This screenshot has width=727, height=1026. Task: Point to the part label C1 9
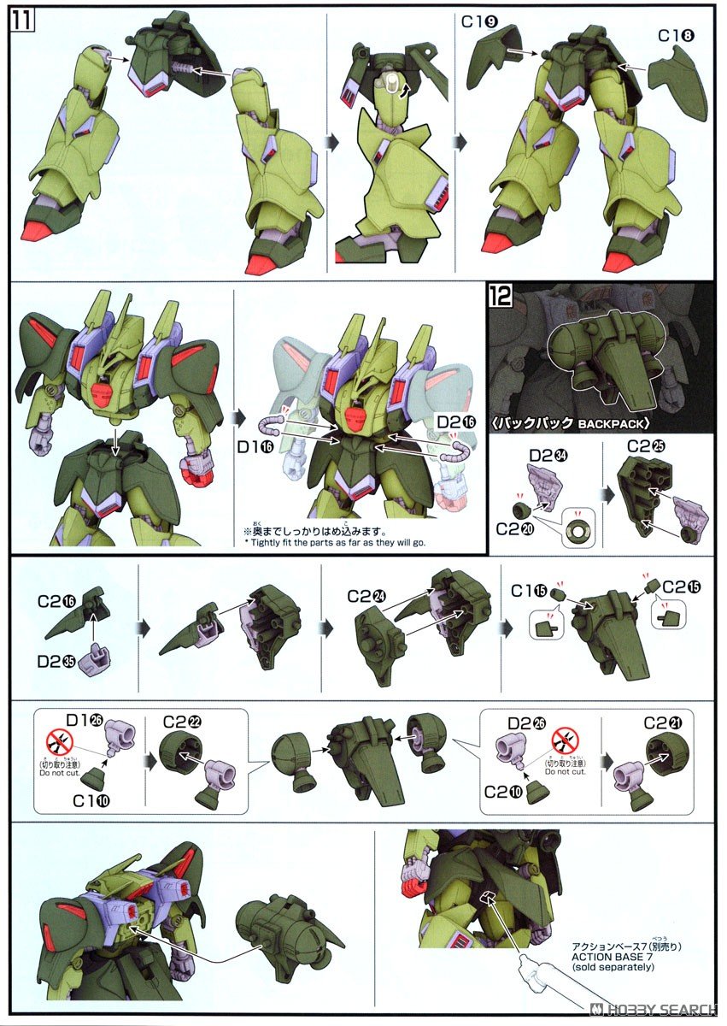[x=481, y=21]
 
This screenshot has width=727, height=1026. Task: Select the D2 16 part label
[x=454, y=422]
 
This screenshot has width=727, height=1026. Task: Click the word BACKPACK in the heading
[x=613, y=422]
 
